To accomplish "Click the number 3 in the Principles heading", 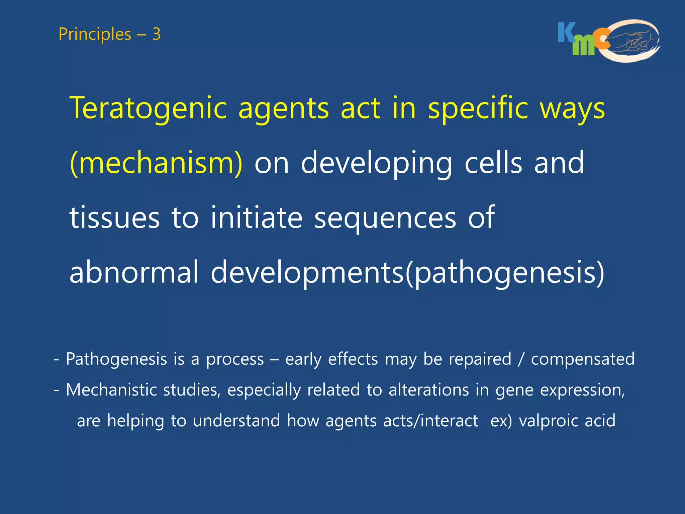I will click(x=156, y=34).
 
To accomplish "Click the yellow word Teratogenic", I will click(x=148, y=108).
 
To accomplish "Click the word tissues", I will click(x=114, y=218).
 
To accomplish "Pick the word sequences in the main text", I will click(x=385, y=218).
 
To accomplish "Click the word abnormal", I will click(x=134, y=272).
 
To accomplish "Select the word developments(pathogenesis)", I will click(x=407, y=272).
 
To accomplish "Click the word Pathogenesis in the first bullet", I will click(x=116, y=359).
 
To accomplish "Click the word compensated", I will click(x=583, y=359).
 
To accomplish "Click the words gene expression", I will click(x=560, y=390).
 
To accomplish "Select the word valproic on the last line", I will click(x=548, y=421).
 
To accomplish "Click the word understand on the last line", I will click(x=236, y=421).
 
